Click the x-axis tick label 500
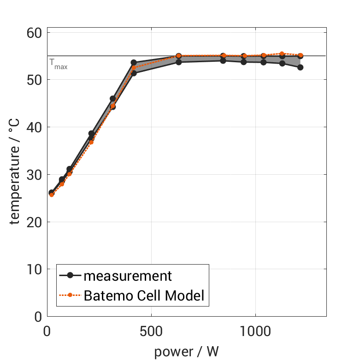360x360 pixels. tap(151, 331)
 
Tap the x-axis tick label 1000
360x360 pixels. tap(255, 331)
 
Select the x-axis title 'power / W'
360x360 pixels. tap(186, 351)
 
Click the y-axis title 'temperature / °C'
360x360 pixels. tap(15, 174)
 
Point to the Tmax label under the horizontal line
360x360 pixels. tap(58, 64)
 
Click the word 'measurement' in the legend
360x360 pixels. tap(128, 276)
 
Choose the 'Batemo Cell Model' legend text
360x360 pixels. tap(144, 295)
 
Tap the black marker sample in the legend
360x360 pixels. tap(70, 276)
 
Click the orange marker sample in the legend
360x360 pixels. tap(70, 295)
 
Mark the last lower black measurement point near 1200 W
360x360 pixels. tap(301, 67)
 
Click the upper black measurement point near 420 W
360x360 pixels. tap(134, 62)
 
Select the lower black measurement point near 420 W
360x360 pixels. tap(134, 73)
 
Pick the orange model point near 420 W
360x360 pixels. tap(134, 68)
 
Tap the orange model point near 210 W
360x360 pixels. tap(91, 142)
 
